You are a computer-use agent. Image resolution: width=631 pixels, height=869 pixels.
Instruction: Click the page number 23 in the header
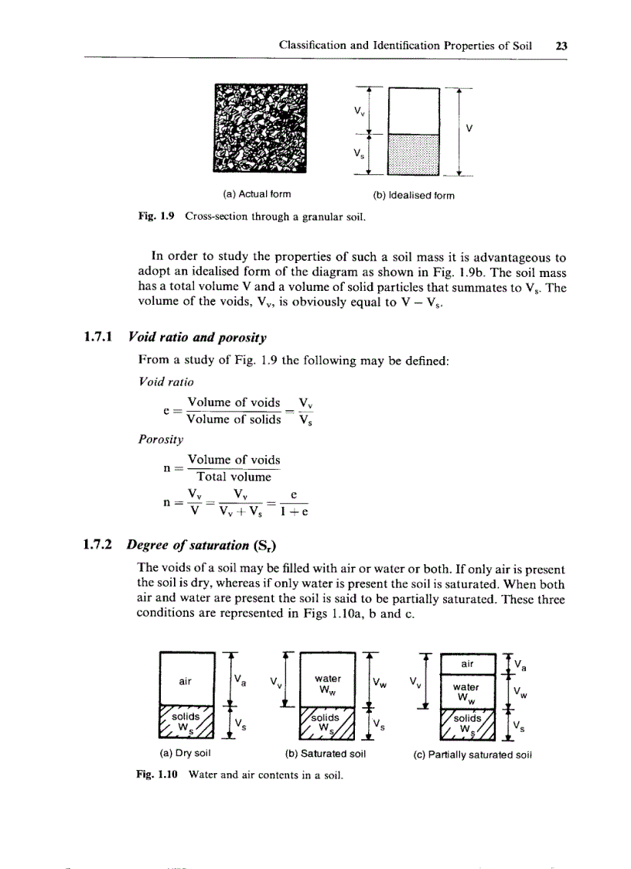(561, 46)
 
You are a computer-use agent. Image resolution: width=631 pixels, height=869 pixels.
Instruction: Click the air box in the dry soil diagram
(185, 681)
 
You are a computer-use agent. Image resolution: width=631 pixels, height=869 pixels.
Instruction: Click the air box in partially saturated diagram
(467, 663)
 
